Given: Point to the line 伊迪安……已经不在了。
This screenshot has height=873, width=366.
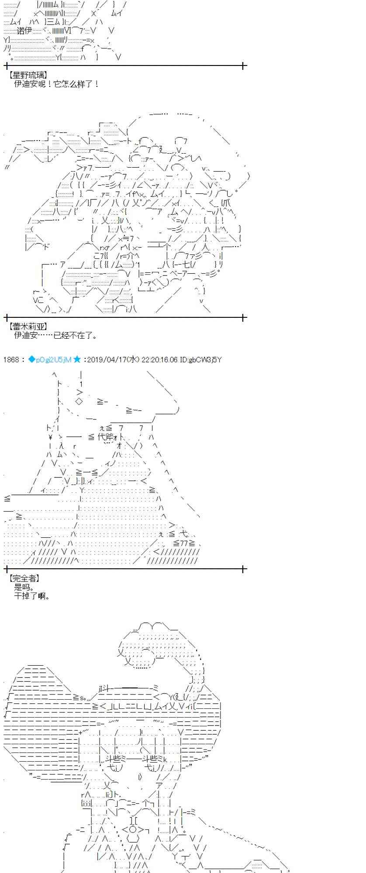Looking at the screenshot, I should tap(56, 335).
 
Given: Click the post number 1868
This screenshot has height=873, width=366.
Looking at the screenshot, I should tap(11, 360).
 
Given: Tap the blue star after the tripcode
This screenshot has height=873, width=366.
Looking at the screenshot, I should tap(77, 359).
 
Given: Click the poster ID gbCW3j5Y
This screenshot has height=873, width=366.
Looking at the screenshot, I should tap(207, 360).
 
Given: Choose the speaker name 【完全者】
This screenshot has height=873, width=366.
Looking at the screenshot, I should tap(24, 578).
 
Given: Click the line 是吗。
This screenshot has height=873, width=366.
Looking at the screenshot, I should tap(24, 587).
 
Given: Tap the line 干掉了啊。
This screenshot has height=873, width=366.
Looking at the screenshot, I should tap(32, 596).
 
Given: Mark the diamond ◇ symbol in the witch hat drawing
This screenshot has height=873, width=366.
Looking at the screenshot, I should tap(78, 402).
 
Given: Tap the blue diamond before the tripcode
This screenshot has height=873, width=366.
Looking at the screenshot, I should tap(31, 360).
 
